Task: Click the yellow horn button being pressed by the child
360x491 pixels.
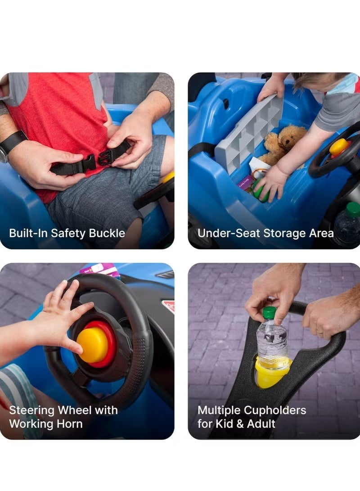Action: (x=92, y=345)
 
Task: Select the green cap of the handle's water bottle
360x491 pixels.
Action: (x=269, y=312)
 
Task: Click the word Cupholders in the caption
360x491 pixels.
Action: (x=275, y=410)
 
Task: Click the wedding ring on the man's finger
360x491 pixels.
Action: (x=320, y=332)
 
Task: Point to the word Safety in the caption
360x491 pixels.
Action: (x=66, y=233)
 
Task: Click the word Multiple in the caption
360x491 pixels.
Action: (x=219, y=410)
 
